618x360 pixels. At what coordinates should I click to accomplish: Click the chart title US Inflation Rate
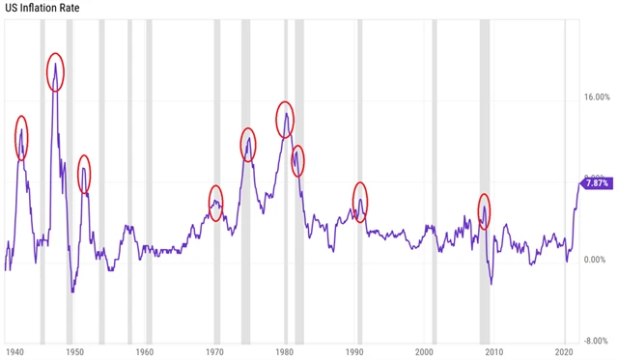42,9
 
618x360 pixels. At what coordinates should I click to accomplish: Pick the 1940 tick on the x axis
14,351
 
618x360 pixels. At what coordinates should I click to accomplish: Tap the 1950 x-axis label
75,351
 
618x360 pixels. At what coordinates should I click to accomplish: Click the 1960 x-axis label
145,351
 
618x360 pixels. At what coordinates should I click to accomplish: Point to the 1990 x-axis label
355,351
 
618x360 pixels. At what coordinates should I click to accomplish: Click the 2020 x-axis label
566,351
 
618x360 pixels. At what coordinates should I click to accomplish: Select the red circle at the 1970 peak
215,201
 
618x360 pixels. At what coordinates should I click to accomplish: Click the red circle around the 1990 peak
360,202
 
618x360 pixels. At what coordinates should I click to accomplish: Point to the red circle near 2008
485,210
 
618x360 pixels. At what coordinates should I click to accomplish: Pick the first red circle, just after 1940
21,137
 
